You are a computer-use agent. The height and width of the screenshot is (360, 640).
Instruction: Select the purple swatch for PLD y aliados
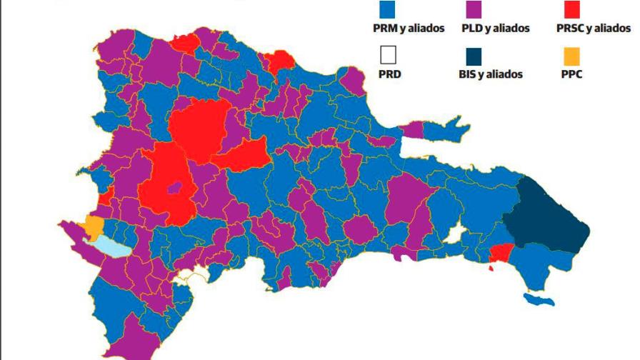click(x=472, y=9)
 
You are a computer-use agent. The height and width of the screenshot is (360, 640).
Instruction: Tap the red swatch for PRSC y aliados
click(x=571, y=9)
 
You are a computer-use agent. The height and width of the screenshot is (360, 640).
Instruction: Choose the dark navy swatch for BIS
click(x=472, y=55)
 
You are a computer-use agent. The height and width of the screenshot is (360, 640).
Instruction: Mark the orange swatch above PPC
click(x=571, y=55)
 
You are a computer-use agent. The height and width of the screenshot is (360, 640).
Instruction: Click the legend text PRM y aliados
click(x=409, y=29)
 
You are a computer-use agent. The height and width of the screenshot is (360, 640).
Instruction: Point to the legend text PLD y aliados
click(x=496, y=29)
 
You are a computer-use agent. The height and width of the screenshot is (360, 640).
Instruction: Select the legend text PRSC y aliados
click(x=594, y=29)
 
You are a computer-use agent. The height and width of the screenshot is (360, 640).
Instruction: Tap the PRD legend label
click(x=389, y=74)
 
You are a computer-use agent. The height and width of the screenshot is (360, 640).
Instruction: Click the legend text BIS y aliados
click(x=490, y=74)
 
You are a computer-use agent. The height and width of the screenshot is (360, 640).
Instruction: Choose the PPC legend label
click(x=572, y=74)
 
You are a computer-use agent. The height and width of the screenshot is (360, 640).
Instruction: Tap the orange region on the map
click(x=93, y=227)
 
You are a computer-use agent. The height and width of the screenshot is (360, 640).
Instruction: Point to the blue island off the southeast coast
click(x=539, y=300)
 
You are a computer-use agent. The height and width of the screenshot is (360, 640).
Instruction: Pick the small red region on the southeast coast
click(x=500, y=253)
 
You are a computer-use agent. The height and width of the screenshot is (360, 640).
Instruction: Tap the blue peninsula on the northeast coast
click(x=446, y=131)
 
